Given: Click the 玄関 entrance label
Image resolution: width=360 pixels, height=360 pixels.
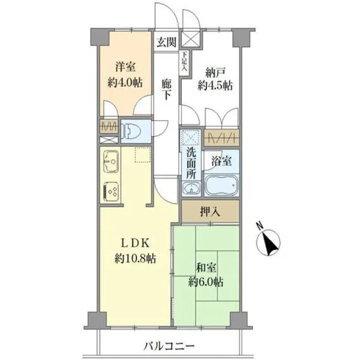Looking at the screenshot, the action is [166, 42].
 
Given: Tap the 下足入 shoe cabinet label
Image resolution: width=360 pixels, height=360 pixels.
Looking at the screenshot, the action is [184, 61].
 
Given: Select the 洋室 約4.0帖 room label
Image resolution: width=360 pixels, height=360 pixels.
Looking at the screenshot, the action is [125, 75].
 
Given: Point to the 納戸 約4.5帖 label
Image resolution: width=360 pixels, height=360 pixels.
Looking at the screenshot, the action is [215, 79].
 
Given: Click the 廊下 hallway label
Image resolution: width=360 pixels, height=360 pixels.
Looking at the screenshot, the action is [166, 90].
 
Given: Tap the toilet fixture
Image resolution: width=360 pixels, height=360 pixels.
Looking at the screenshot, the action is [131, 131].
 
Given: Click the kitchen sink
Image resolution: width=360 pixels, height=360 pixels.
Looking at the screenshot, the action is [111, 161].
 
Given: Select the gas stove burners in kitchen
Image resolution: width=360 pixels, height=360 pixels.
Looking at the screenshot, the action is [112, 191].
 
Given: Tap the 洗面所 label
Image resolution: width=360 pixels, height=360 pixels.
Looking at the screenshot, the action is [191, 163].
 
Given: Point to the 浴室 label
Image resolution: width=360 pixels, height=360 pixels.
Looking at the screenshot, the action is [221, 161].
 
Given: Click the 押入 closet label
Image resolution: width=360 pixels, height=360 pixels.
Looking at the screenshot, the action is [210, 212].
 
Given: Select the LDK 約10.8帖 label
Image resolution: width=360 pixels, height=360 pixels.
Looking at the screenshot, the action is [135, 251].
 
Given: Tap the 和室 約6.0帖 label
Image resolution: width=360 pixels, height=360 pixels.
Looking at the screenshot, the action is [206, 275].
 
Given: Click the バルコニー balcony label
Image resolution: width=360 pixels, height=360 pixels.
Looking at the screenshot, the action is [169, 346].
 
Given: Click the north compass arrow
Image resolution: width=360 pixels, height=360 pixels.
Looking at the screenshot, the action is [269, 244].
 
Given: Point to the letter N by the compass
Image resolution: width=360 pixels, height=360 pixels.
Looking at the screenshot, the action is [260, 226].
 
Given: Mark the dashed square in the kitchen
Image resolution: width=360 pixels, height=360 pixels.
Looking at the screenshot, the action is [143, 155].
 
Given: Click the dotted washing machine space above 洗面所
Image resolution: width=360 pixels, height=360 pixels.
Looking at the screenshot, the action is [190, 137].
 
